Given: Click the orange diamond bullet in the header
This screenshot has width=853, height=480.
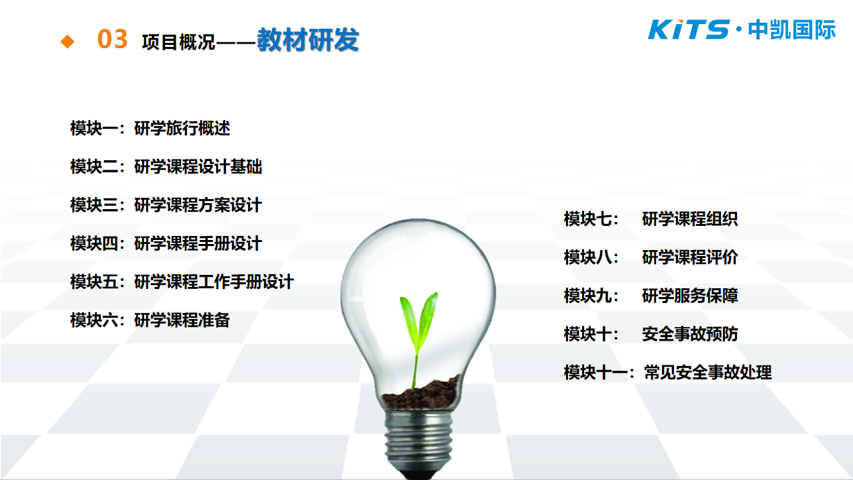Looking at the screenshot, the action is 68,41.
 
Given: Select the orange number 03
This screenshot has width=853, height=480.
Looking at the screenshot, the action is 113,39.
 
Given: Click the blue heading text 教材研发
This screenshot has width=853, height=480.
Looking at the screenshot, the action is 308,40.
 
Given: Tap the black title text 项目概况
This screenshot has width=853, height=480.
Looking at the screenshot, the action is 178,42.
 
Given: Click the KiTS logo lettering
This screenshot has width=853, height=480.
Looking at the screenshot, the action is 689,29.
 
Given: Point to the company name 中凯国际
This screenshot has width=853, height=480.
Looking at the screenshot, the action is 792,29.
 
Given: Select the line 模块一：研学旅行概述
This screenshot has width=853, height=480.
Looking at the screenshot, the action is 150,128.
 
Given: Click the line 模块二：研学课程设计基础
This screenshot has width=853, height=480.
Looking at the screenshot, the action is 166,167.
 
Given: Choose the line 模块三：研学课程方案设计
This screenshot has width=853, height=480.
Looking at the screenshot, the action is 166,205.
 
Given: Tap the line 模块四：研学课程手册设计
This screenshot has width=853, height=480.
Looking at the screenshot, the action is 166,243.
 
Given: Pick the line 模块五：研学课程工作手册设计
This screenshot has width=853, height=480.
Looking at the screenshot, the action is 182,282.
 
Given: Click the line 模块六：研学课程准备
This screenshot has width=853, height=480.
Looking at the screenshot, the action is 150,320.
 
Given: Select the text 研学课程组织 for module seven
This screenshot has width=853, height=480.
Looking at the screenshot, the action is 690,219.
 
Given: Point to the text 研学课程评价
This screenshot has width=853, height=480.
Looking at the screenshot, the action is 690,257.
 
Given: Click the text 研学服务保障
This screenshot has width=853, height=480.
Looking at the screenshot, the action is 690,296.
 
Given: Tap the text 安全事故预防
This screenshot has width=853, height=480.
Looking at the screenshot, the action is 690,335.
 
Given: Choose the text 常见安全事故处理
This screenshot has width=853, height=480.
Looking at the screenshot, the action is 708,372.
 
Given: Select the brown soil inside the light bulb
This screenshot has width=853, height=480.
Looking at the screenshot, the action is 420,394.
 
